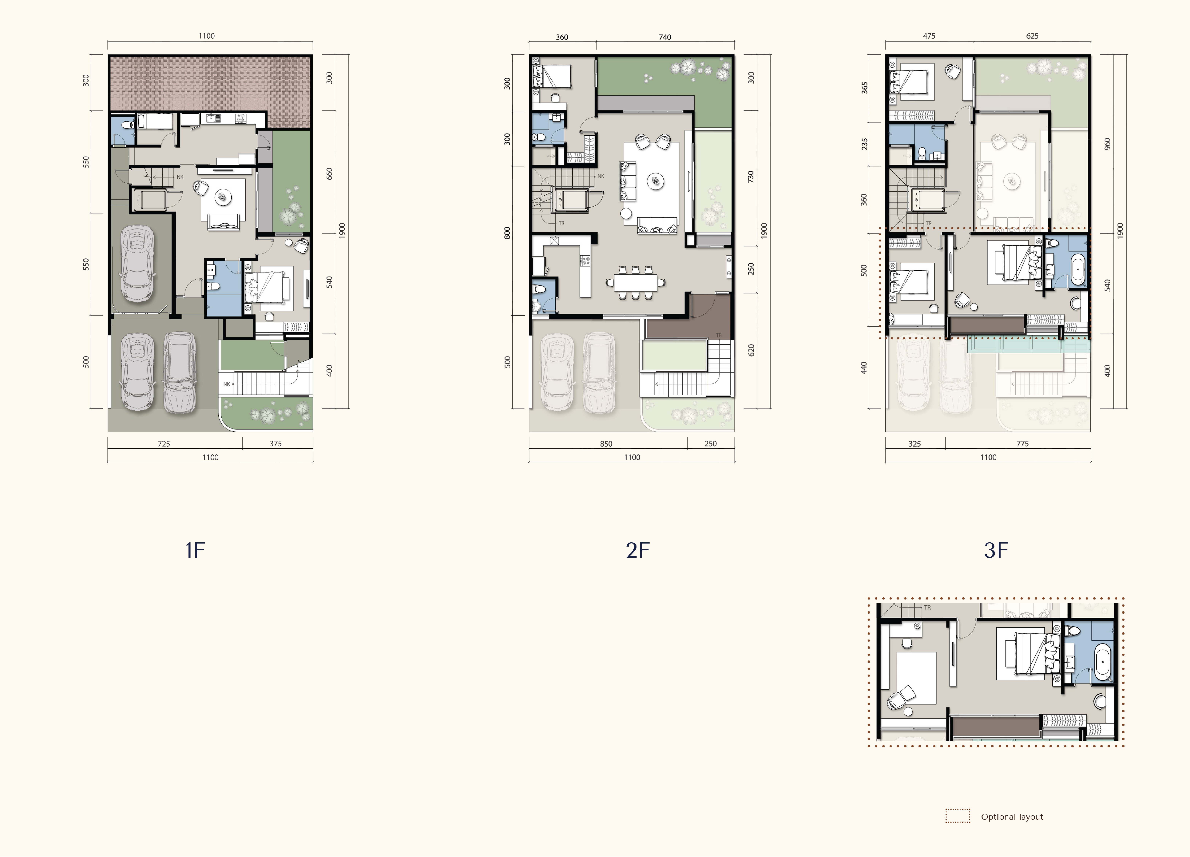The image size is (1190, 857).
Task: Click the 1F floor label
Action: point(195,550)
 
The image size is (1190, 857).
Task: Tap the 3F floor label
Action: point(996,550)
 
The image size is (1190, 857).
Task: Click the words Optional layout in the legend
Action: point(1012,817)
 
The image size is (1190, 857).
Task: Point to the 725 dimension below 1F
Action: point(164,444)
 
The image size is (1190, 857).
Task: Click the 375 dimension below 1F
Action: point(276,444)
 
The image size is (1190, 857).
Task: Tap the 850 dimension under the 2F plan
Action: point(606,444)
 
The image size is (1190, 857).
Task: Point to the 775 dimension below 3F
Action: point(1022,444)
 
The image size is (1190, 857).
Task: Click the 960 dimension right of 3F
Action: point(1107,144)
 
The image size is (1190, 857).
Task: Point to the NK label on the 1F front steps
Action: point(227,384)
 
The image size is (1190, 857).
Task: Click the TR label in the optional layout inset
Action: point(927,607)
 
